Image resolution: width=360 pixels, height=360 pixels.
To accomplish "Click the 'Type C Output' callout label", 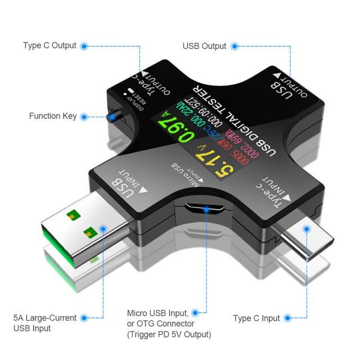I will [49, 46].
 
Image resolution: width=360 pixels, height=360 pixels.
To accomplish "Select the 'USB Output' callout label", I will [205, 46].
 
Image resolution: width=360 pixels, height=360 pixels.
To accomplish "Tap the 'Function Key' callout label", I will [53, 116].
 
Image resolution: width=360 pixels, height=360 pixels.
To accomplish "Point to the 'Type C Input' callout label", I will [256, 318].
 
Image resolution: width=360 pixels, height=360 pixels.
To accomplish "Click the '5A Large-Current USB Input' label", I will [45, 323].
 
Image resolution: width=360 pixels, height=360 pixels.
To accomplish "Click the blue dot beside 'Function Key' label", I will [84, 116].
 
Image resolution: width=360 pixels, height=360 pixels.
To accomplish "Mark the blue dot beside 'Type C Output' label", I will [84, 46].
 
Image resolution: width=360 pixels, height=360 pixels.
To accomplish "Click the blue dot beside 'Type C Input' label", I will [289, 318].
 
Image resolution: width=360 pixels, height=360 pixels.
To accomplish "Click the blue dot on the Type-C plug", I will [307, 229].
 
